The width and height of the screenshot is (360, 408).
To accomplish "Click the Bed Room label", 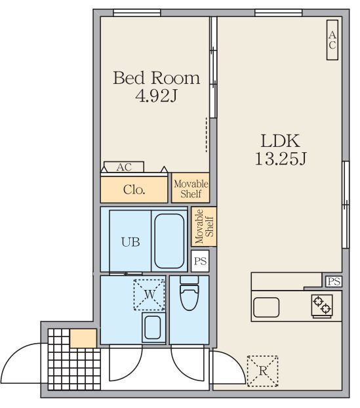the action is (x=156, y=78).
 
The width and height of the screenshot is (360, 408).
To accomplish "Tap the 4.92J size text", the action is (x=156, y=96).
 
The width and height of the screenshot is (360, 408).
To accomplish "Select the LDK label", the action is (x=280, y=141).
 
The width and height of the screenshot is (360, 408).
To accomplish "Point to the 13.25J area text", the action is (x=281, y=159).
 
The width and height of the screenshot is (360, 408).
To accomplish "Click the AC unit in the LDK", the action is (x=332, y=40).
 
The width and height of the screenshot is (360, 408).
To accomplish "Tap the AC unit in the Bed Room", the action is (x=124, y=167).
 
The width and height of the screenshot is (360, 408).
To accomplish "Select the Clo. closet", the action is (x=134, y=190).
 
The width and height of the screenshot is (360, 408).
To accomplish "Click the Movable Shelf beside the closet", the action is (x=190, y=188).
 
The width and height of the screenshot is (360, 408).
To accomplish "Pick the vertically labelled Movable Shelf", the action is (x=204, y=226).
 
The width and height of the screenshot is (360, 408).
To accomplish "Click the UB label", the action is (x=130, y=242).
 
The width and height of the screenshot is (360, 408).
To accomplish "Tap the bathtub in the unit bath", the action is (x=169, y=241).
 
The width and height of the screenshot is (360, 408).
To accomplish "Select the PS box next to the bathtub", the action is (x=200, y=261).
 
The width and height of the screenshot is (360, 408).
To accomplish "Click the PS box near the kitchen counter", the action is (x=334, y=281).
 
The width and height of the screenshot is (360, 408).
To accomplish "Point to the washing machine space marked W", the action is (x=150, y=295).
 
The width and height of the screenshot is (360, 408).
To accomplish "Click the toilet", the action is (x=190, y=293).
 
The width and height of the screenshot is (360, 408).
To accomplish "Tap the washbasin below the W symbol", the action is (x=153, y=327).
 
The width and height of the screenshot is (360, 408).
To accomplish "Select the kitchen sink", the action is (x=266, y=307).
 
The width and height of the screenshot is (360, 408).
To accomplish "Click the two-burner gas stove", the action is (x=322, y=306).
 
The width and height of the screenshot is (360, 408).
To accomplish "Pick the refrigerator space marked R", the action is (x=262, y=371).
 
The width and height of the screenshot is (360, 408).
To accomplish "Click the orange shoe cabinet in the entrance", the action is (x=83, y=338).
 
